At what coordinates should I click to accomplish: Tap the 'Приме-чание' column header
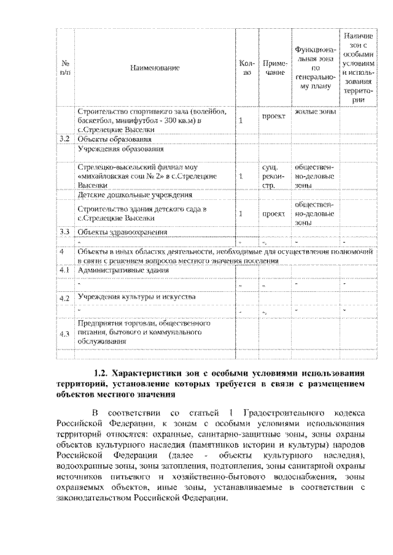(x=272, y=67)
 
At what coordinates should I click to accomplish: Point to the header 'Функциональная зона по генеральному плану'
(x=314, y=67)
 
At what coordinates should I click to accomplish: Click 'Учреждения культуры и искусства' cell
(x=136, y=296)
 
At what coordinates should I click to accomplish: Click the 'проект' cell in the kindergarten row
(x=271, y=213)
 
